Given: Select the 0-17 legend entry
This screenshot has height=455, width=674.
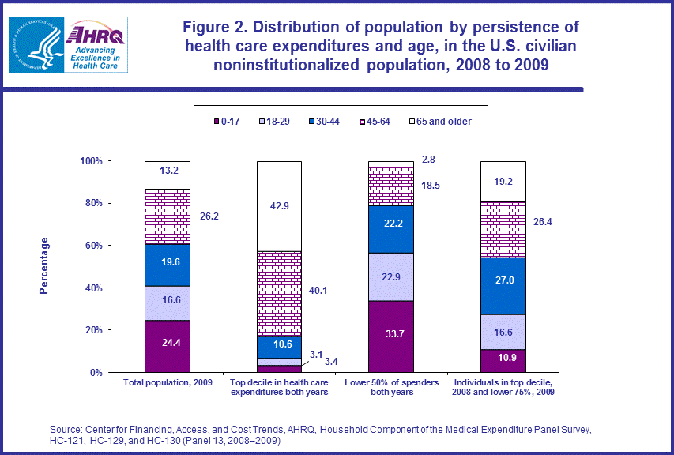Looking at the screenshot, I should click(228, 121).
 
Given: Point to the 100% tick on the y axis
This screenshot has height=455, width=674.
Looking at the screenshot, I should click(92, 161).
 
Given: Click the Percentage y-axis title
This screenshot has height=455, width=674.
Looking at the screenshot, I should click(44, 265).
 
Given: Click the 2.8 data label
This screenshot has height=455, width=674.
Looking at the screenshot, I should click(429, 160).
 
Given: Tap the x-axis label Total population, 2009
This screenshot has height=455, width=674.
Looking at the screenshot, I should click(168, 382).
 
